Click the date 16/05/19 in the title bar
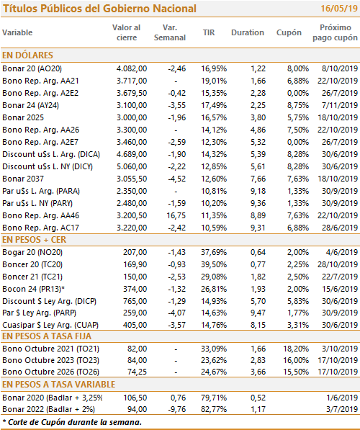[x=339, y=9]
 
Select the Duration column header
[x=248, y=32]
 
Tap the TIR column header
[x=209, y=32]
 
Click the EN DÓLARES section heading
[x=27, y=55]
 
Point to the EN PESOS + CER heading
[x=35, y=240]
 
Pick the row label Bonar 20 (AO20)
[x=32, y=68]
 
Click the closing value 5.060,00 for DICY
[x=132, y=166]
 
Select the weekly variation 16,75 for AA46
[x=176, y=215]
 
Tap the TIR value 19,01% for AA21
[x=214, y=81]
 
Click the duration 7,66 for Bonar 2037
[x=258, y=179]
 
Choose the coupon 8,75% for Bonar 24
[x=298, y=105]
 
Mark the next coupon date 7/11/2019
[x=340, y=105]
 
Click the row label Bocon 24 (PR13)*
[x=34, y=289]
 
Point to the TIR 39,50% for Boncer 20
[x=214, y=264]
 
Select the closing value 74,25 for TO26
[x=137, y=372]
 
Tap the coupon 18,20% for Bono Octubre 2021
[x=296, y=349]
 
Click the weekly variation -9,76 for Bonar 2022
[x=177, y=409]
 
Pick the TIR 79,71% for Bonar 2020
[x=214, y=398]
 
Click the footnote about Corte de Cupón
[x=72, y=422]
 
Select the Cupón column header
[x=289, y=32]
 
